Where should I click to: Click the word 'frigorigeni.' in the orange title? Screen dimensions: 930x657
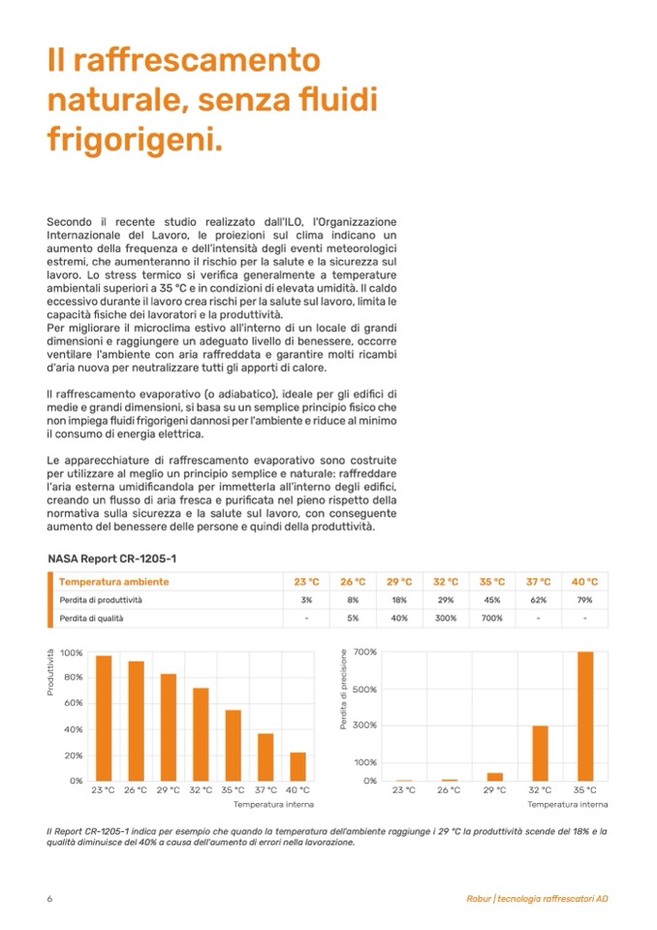135,141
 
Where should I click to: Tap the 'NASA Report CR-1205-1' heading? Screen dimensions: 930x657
111,560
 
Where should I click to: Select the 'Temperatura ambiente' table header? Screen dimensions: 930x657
113,582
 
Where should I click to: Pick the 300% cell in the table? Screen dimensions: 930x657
446,618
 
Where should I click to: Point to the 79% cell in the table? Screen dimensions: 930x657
584,600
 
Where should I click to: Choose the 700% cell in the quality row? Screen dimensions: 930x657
492,618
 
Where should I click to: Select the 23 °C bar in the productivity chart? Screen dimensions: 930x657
104,719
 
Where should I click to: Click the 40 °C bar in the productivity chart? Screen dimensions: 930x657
298,766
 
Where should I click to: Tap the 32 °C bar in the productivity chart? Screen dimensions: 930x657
201,734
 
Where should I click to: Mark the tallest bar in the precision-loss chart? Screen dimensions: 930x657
585,716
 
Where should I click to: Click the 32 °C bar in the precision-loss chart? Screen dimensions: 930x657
540,753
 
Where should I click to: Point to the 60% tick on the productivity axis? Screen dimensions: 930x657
73,703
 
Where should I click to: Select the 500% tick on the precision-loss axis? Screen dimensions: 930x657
365,689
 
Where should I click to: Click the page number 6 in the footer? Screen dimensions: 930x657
49,898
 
